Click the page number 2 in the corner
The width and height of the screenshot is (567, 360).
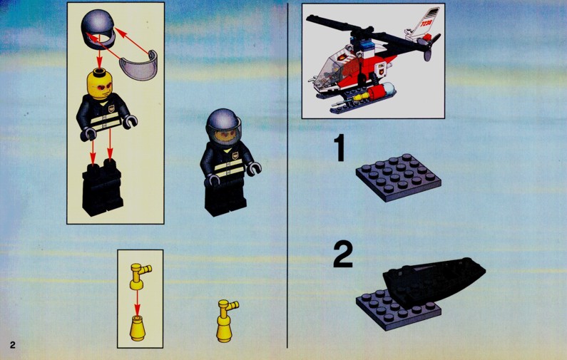[x=13, y=344]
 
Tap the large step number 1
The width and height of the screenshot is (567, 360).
[x=340, y=148]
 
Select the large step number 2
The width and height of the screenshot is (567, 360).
[x=343, y=254]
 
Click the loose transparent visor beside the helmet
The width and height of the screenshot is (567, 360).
[x=139, y=66]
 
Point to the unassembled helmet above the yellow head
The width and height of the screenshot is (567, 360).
[x=98, y=29]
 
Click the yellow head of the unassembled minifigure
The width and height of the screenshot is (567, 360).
[x=100, y=84]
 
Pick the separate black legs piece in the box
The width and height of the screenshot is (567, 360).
[x=101, y=187]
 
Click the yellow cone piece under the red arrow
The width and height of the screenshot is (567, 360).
[x=138, y=328]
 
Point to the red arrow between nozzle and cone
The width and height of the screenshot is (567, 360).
[x=137, y=303]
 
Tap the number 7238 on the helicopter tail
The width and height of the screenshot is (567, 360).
[x=426, y=23]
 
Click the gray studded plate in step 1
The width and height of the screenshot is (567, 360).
[x=399, y=178]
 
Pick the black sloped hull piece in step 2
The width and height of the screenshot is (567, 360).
[x=434, y=282]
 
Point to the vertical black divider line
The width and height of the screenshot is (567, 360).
[x=287, y=175]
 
